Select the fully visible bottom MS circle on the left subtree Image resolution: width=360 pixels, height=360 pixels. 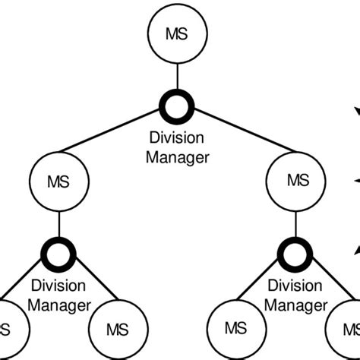pyautogui.click(x=118, y=330)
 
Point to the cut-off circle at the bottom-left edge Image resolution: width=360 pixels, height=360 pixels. pyautogui.click(x=9, y=330)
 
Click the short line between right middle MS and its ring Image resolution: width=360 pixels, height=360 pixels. pyautogui.click(x=297, y=224)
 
